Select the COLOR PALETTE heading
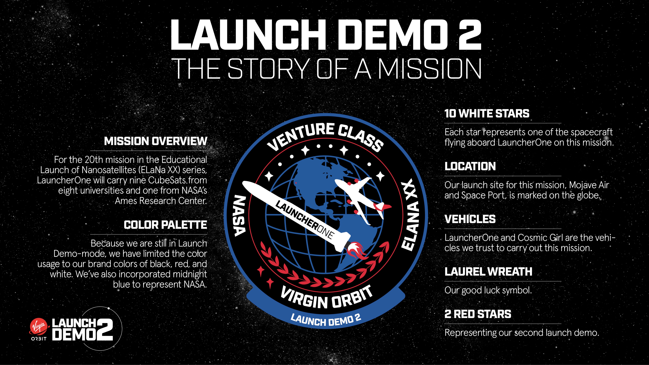pyautogui.click(x=165, y=225)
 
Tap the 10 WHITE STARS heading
pyautogui.click(x=487, y=113)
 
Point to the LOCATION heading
pyautogui.click(x=470, y=166)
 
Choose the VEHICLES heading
pyautogui.click(x=470, y=219)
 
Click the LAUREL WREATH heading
pyautogui.click(x=488, y=272)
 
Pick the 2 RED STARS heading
pyautogui.click(x=478, y=314)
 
